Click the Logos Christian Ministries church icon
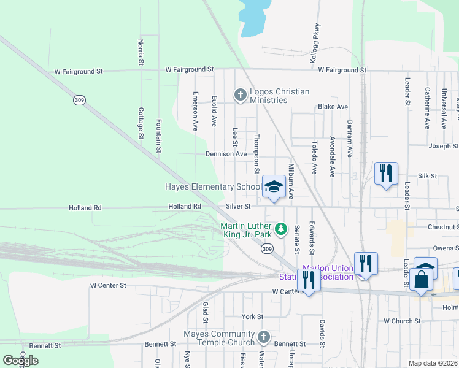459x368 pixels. coord(240,94)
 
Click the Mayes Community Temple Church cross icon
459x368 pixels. coord(263,337)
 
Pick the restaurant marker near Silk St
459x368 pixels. coord(386,173)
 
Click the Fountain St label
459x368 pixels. coord(159,136)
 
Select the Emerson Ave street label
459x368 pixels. coord(195,111)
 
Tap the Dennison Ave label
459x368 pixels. coord(226,154)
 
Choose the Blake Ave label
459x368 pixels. coord(333,107)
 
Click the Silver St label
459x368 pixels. coord(238,207)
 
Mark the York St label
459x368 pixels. coord(252,316)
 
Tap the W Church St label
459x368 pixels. coord(402,321)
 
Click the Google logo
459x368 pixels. coord(20,361)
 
